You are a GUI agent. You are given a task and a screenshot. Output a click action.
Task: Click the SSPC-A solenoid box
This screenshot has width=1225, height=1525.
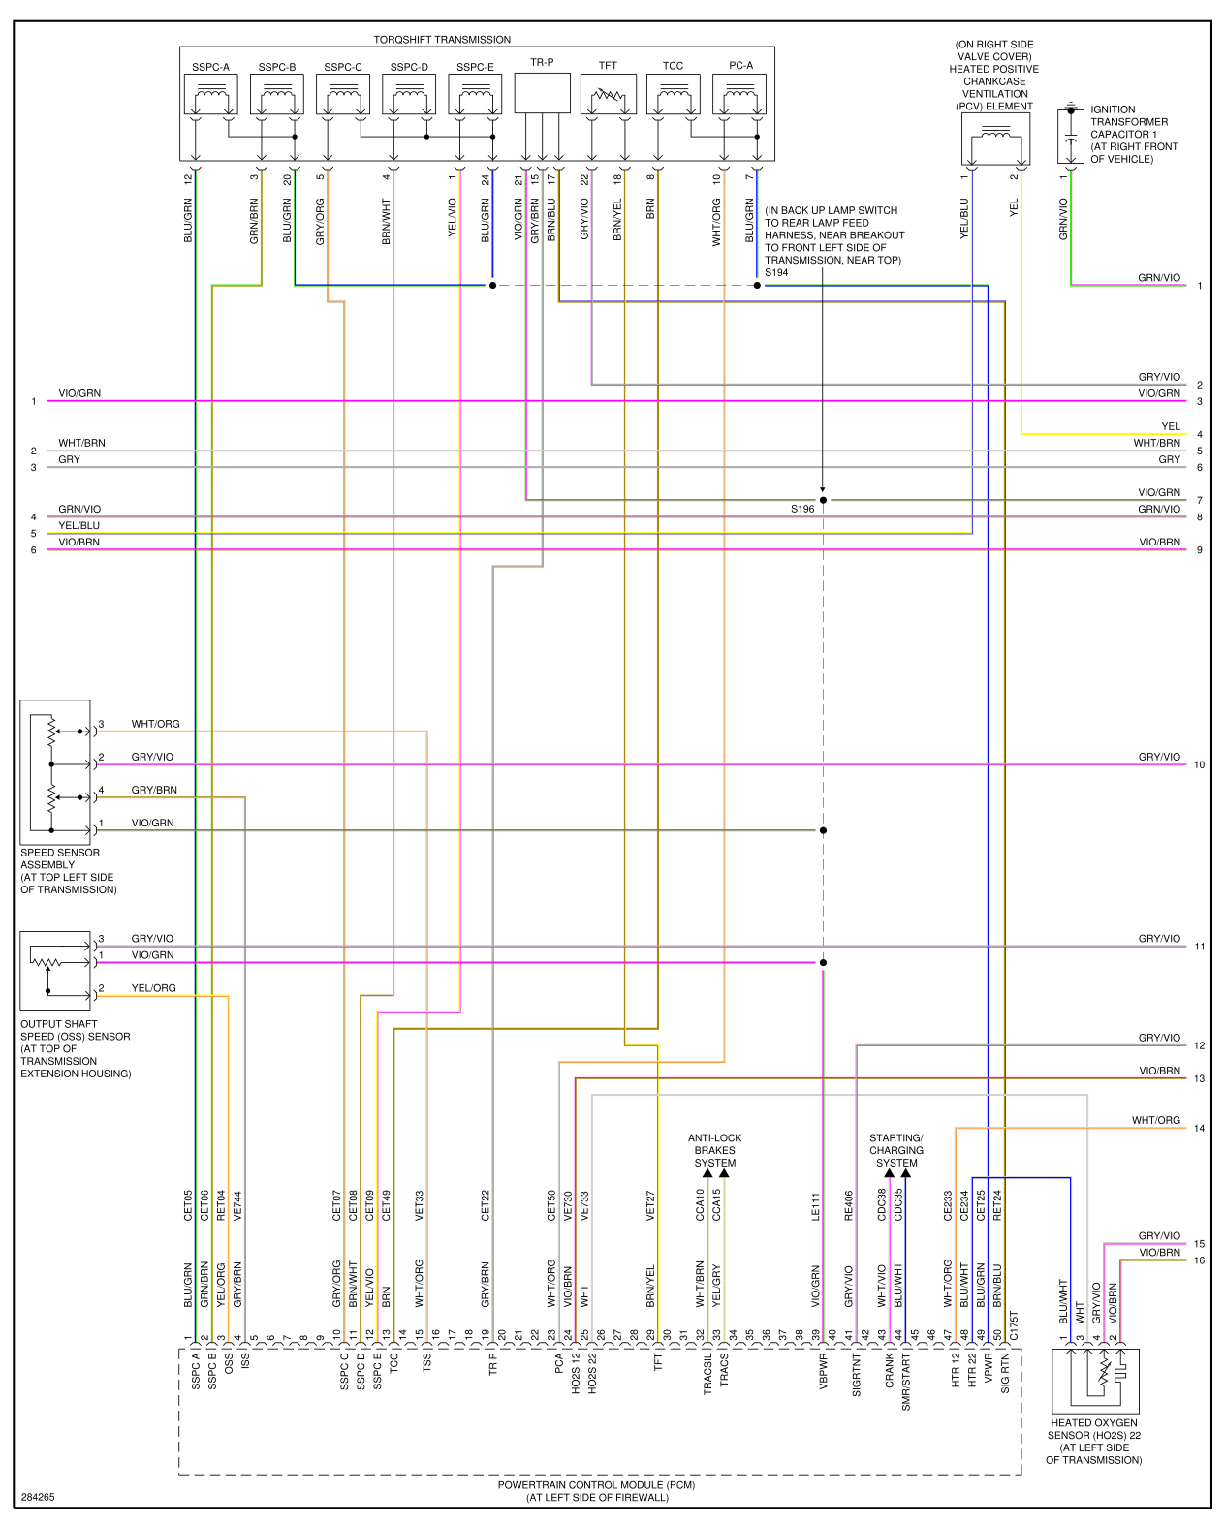pyautogui.click(x=210, y=95)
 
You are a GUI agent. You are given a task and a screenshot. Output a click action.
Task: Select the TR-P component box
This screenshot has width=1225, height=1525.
pyautogui.click(x=542, y=93)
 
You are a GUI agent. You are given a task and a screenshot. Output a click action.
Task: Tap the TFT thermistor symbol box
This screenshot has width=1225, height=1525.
pyautogui.click(x=608, y=95)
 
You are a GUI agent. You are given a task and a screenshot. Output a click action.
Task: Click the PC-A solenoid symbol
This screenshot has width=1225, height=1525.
pyautogui.click(x=739, y=95)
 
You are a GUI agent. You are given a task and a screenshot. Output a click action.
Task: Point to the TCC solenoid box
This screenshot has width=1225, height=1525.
pyautogui.click(x=673, y=95)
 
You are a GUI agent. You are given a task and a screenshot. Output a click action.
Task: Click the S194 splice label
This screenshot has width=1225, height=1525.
pyautogui.click(x=776, y=273)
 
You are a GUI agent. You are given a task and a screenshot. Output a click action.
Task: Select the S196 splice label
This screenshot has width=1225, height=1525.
pyautogui.click(x=802, y=509)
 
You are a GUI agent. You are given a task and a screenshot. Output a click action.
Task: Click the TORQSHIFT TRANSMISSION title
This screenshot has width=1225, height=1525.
pyautogui.click(x=442, y=40)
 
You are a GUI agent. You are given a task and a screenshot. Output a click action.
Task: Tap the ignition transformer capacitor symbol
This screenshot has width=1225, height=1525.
pyautogui.click(x=1070, y=137)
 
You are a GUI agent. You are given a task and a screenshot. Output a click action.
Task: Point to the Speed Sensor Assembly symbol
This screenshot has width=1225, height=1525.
pyautogui.click(x=55, y=772)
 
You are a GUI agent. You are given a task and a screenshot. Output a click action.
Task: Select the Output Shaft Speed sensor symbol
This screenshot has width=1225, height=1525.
pyautogui.click(x=55, y=971)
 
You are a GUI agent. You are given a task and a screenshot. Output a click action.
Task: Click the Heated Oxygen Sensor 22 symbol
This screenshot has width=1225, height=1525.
pyautogui.click(x=1095, y=1380)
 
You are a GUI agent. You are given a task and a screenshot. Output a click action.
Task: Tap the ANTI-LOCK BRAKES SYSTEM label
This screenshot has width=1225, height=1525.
pyautogui.click(x=715, y=1150)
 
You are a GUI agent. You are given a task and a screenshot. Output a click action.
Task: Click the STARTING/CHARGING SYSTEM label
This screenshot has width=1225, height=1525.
pyautogui.click(x=896, y=1150)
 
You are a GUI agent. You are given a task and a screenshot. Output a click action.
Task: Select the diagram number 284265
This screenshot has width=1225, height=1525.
pyautogui.click(x=38, y=1497)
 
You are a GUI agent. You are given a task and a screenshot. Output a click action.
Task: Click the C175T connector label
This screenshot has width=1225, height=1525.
pyautogui.click(x=1014, y=1325)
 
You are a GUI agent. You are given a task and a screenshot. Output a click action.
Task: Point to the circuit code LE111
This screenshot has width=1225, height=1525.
pyautogui.click(x=815, y=1206)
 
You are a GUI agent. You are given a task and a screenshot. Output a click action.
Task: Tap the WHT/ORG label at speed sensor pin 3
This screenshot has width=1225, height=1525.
pyautogui.click(x=156, y=724)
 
